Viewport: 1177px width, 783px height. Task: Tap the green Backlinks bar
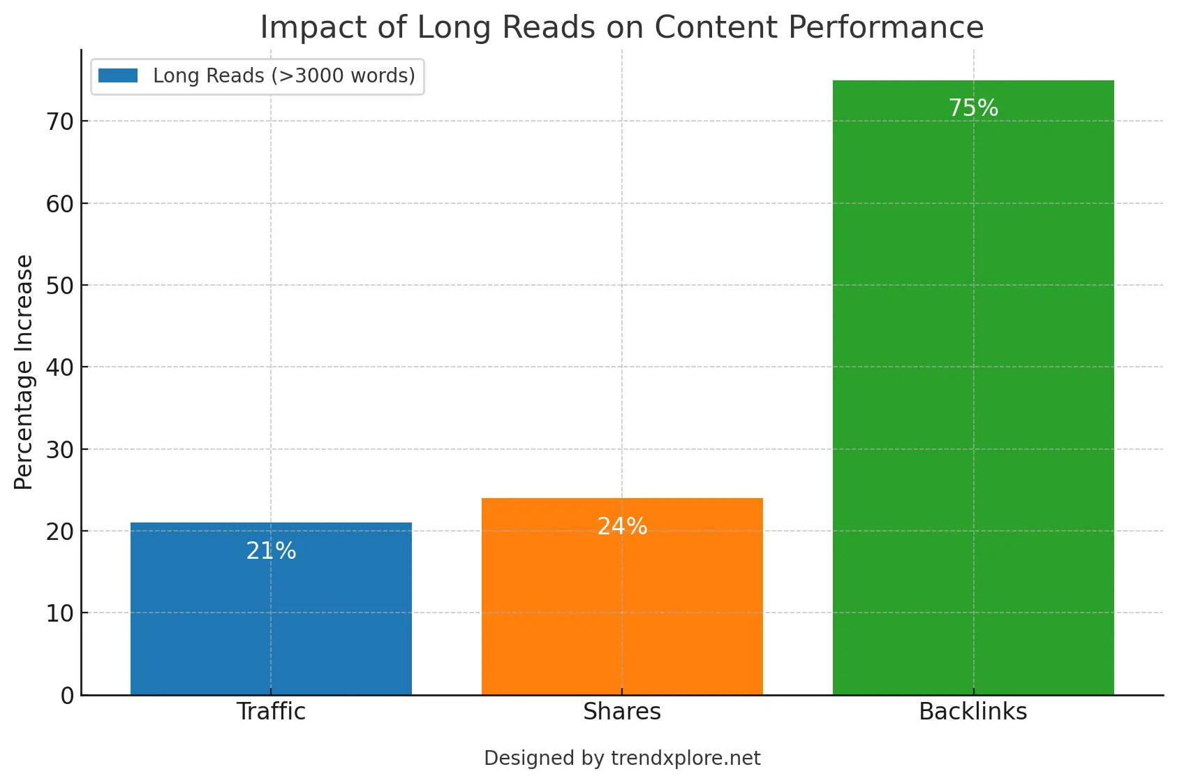tap(973, 391)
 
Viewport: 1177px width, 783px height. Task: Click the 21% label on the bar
tap(271, 551)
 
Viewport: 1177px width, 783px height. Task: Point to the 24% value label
tap(622, 526)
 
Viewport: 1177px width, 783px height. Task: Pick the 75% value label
tap(973, 108)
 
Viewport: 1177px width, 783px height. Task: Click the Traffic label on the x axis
tap(271, 711)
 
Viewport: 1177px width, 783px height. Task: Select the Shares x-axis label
tap(622, 711)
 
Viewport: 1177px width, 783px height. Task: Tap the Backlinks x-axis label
tap(973, 711)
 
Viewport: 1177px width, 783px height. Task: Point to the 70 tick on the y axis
tap(60, 122)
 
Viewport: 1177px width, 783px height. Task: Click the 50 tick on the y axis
tap(60, 286)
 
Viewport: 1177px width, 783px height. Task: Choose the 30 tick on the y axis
tap(60, 450)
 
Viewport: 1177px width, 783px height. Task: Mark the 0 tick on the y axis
tap(67, 695)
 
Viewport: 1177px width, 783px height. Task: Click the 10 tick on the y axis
tap(60, 613)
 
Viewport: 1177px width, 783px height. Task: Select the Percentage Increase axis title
tap(24, 372)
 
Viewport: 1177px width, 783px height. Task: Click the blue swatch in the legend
tap(118, 75)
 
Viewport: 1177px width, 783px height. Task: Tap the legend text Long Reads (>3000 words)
tap(284, 75)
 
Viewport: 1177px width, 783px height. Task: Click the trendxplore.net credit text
tap(685, 758)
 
